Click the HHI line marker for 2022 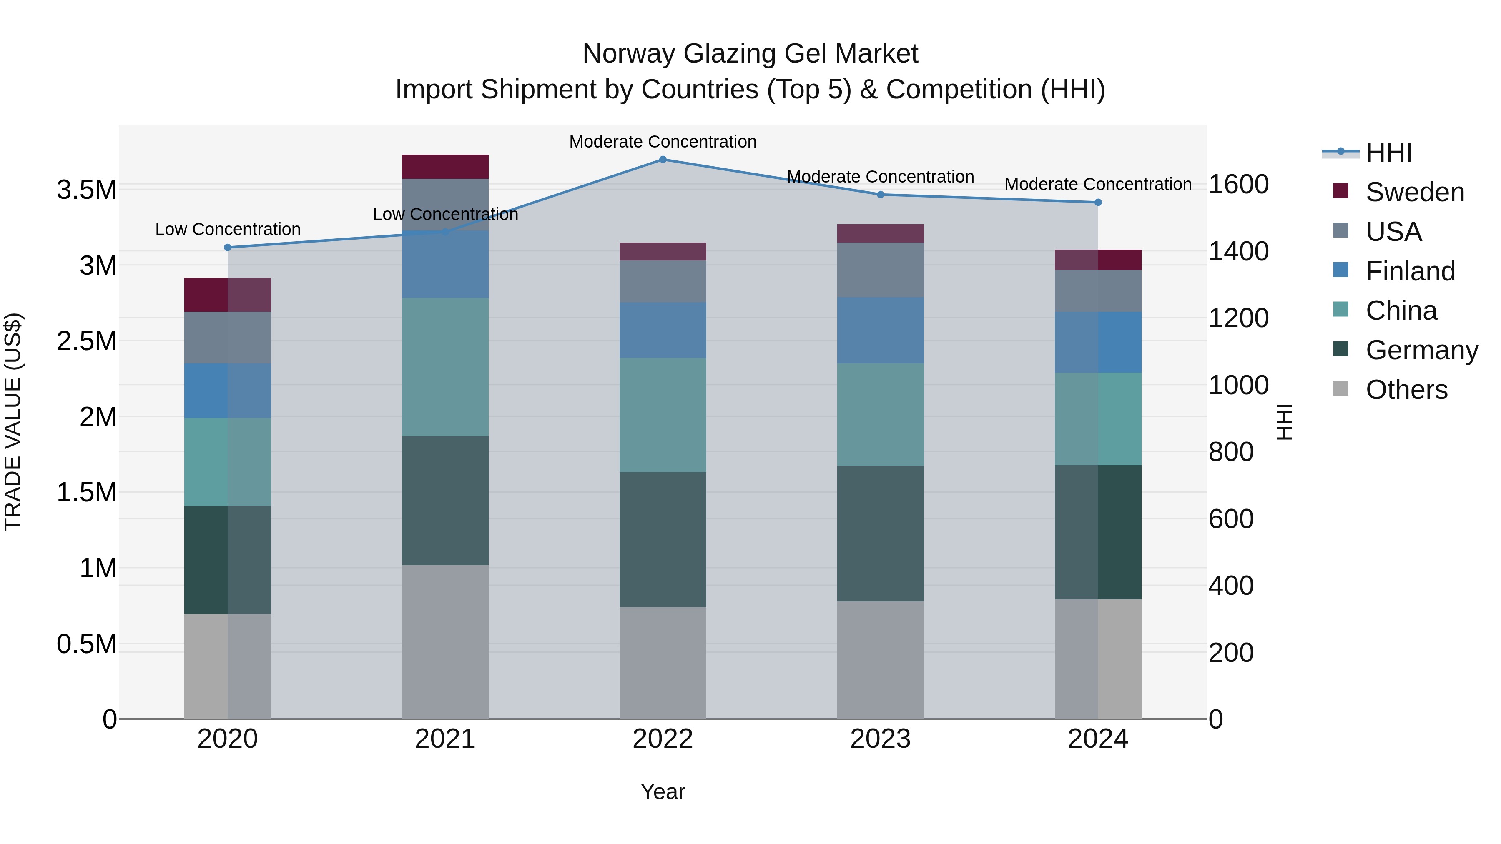tap(663, 159)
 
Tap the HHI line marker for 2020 tap(228, 248)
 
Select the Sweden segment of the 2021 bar tap(445, 167)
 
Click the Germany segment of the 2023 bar tap(881, 533)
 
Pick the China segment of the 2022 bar tap(663, 415)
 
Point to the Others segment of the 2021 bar tap(445, 641)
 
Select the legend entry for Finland tap(1410, 271)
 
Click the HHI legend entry tap(1388, 153)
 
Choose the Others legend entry tap(1406, 390)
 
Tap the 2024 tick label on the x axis tap(1098, 739)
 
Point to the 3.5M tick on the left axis tap(87, 190)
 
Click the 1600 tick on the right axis tap(1238, 185)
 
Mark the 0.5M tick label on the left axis tap(87, 644)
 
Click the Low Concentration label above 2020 tap(228, 230)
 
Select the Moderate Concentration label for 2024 tap(1098, 184)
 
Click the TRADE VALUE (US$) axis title tap(13, 422)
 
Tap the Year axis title tap(663, 791)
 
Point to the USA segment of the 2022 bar tap(663, 281)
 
